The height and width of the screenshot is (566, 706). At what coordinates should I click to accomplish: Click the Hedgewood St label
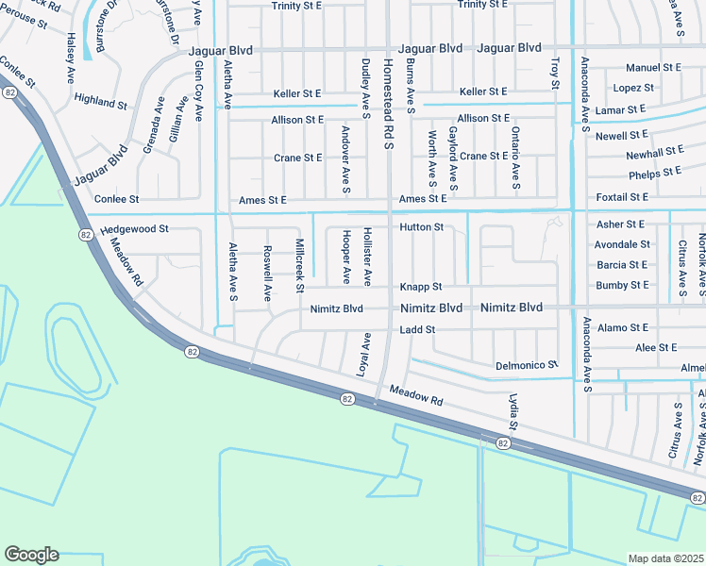[134, 228]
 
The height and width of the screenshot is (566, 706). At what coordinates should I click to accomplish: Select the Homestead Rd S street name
[387, 104]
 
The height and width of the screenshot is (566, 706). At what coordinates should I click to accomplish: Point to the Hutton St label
[421, 227]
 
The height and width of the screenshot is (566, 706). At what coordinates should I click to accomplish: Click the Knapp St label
[420, 286]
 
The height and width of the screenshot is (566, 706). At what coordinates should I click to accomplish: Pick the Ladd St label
[416, 329]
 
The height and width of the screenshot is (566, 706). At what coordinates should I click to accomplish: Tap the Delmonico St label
[527, 364]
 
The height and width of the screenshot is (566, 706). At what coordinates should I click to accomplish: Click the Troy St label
[555, 73]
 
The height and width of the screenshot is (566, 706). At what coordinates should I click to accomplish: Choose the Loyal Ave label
[361, 355]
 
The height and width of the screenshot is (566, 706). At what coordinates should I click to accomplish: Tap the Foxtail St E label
[622, 197]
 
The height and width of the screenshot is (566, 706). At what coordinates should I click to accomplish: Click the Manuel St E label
[653, 68]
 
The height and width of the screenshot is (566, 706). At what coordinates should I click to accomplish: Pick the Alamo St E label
[622, 327]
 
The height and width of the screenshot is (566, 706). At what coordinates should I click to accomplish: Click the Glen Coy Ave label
[198, 92]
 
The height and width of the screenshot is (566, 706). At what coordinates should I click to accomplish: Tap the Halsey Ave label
[71, 58]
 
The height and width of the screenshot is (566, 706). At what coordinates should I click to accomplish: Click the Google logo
[31, 555]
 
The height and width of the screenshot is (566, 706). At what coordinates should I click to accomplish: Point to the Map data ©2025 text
[665, 558]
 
